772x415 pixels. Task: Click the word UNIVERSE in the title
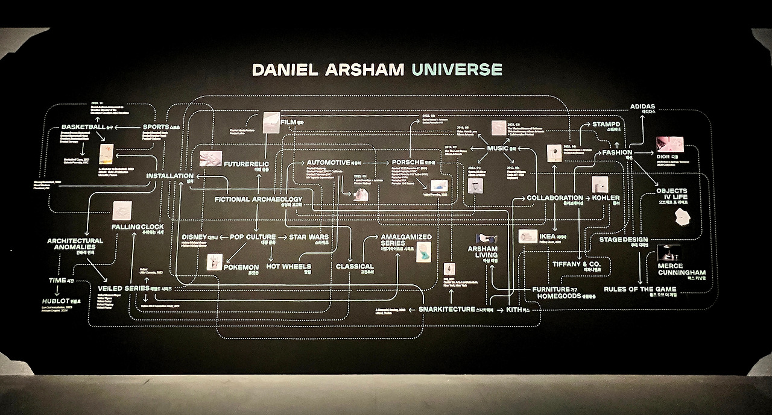pyautogui.click(x=456, y=69)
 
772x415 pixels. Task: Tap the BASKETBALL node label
pyautogui.click(x=83, y=127)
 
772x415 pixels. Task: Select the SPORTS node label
pyautogui.click(x=156, y=127)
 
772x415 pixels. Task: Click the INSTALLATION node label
pyautogui.click(x=169, y=176)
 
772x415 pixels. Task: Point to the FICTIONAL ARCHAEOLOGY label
pyautogui.click(x=258, y=199)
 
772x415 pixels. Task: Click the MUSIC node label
pyautogui.click(x=498, y=148)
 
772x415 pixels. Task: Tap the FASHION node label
pyautogui.click(x=616, y=153)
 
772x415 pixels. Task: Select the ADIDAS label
pyautogui.click(x=642, y=107)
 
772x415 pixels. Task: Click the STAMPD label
pyautogui.click(x=606, y=125)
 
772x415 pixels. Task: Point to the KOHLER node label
pyautogui.click(x=606, y=198)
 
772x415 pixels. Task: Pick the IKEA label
pyautogui.click(x=548, y=237)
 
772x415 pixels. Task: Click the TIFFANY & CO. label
pyautogui.click(x=577, y=264)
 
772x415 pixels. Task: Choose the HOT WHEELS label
pyautogui.click(x=288, y=266)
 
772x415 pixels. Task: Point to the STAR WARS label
pyautogui.click(x=309, y=237)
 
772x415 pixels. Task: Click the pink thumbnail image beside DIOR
pyautogui.click(x=669, y=144)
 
